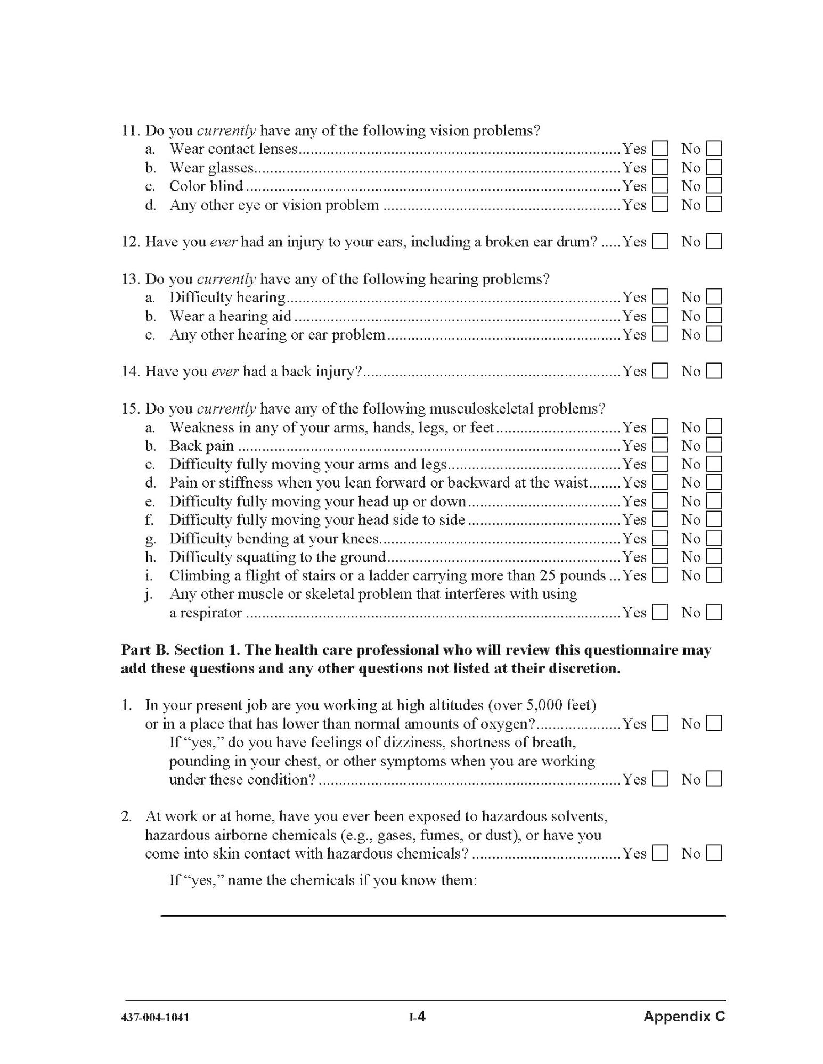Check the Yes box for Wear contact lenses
(x=660, y=149)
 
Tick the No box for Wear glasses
(x=714, y=168)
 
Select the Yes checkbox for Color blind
(x=660, y=186)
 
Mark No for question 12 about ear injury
(x=714, y=242)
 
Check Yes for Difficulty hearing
(x=660, y=297)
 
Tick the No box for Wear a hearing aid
(x=714, y=316)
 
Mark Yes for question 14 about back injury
(x=660, y=371)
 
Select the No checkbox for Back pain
(x=714, y=446)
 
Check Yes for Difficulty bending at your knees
(x=660, y=538)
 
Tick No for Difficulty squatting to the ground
(x=714, y=557)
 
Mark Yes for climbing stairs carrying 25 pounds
(x=660, y=575)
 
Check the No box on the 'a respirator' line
(x=714, y=613)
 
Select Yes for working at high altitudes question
(x=660, y=724)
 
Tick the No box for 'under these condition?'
(x=714, y=779)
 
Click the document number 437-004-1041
(x=155, y=1018)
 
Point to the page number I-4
(x=417, y=1017)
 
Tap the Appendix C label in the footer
(x=684, y=1017)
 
